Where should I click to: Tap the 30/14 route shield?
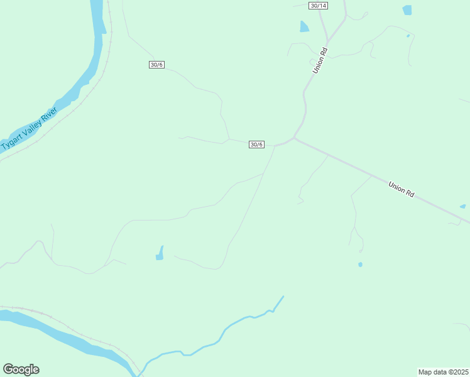tap(319, 6)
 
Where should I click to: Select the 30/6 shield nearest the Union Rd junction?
tap(256, 145)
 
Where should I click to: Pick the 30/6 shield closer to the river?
tap(157, 65)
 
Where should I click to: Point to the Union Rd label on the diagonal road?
tap(401, 190)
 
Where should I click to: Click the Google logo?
tap(21, 369)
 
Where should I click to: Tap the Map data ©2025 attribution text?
tap(444, 372)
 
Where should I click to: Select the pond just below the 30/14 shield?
tap(304, 26)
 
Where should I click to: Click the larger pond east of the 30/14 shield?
tap(407, 10)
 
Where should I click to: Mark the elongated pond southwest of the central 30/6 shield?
tap(160, 253)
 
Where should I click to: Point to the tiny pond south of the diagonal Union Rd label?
tap(360, 265)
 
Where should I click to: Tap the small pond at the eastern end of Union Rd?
tap(463, 206)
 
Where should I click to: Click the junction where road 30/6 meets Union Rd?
tap(294, 139)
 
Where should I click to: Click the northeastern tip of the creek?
tap(283, 297)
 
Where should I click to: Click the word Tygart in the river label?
tap(11, 142)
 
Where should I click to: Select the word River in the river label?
tap(48, 116)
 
